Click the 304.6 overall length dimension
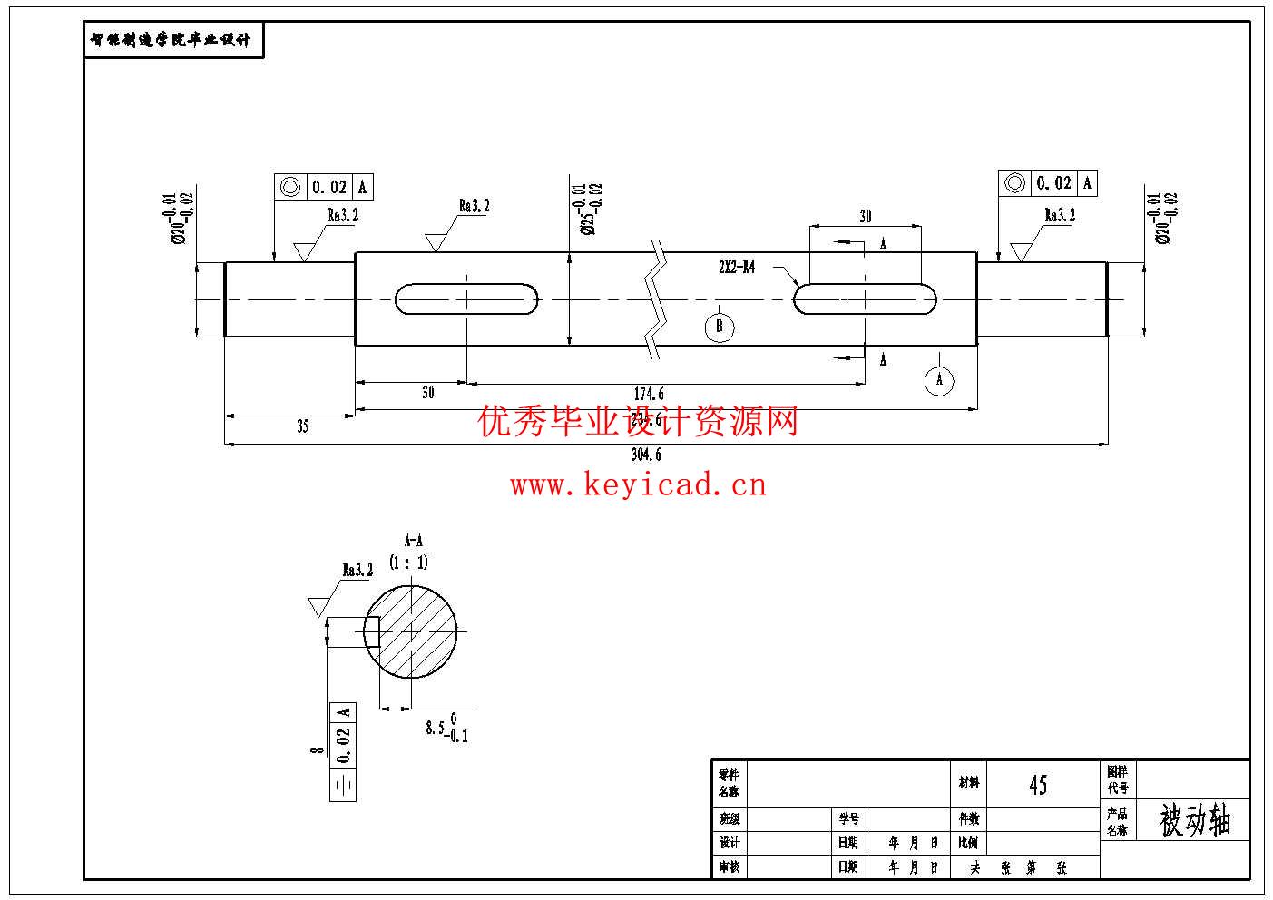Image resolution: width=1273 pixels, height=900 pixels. coord(646,455)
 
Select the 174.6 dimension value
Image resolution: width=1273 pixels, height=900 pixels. coord(649,394)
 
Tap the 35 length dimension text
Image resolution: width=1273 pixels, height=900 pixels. coord(302,426)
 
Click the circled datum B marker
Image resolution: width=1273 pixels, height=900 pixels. coord(719,327)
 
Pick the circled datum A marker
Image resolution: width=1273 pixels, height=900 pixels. coord(939,379)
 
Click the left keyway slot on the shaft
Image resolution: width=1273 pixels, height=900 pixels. coord(466,299)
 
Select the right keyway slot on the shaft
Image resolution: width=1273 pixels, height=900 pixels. coord(865,298)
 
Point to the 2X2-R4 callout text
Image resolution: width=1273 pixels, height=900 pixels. coord(736,268)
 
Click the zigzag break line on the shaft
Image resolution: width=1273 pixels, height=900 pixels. coord(656,299)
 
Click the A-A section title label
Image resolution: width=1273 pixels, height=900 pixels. coord(413,541)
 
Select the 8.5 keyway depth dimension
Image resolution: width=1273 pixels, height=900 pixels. coord(446,728)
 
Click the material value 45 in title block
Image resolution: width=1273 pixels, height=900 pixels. coord(1038,785)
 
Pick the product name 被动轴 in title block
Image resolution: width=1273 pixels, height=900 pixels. coord(1195,821)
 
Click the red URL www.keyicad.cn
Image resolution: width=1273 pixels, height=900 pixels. coord(638,485)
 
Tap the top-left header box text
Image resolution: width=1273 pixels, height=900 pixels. coord(172,41)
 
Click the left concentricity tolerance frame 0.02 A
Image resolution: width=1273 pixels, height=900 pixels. coord(324,187)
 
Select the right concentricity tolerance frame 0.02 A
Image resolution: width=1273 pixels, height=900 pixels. coord(1048,183)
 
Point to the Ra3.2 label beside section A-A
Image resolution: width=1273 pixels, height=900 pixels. coord(357,571)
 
